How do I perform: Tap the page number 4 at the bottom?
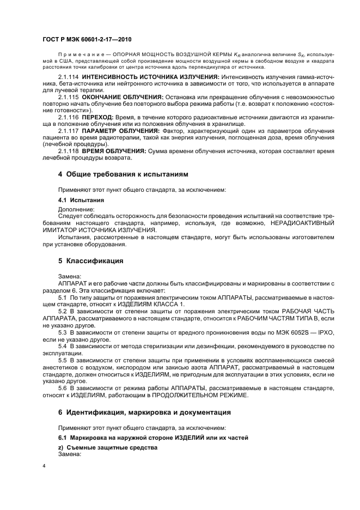(44, 467)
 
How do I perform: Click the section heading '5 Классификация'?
(90, 260)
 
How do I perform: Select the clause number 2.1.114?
(68, 78)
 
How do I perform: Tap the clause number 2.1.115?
(68, 97)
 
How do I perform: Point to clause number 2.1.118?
(68, 149)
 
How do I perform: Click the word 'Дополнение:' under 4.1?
(76, 209)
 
